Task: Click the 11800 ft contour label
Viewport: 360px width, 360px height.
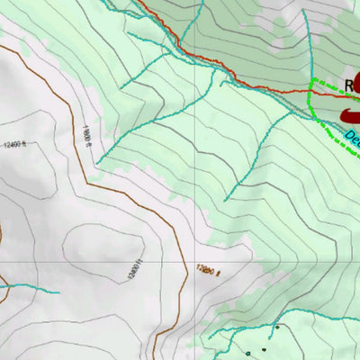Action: [86, 136]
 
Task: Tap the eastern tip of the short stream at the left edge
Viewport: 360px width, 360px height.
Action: [58, 292]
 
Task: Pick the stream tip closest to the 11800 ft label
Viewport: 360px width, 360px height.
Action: [99, 162]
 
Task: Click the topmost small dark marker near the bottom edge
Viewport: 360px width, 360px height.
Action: [277, 328]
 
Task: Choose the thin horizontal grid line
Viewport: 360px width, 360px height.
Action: [90, 261]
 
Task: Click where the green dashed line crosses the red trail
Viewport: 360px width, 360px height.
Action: [311, 91]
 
